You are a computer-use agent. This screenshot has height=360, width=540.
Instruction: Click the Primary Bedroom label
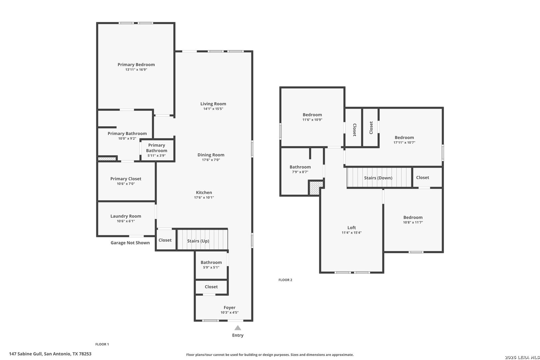pos(136,65)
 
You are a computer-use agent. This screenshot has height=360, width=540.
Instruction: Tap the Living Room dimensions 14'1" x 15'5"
pos(213,109)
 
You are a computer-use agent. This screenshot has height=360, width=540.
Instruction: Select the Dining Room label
pos(211,155)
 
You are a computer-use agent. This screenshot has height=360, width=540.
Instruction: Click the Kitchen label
pos(204,192)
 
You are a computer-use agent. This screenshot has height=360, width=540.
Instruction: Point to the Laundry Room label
pos(126,216)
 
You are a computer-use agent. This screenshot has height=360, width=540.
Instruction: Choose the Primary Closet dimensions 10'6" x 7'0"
pos(126,184)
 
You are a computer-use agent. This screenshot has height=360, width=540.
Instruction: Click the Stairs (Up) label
pos(198,241)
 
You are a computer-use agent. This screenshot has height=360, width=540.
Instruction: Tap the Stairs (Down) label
pos(378,178)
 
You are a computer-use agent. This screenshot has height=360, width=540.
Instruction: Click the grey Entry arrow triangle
pos(238,328)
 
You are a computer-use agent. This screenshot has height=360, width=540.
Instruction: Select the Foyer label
pos(229,307)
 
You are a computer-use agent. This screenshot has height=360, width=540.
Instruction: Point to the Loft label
pos(352,228)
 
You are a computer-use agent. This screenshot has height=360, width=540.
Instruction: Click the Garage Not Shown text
pos(130,243)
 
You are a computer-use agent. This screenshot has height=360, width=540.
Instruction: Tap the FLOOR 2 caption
pos(285,280)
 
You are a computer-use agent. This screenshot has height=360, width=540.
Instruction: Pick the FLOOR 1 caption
pos(102,344)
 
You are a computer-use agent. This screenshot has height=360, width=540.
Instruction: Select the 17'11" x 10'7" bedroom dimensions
pos(405,143)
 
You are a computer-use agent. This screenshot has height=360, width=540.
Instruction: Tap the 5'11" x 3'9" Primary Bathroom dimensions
pos(157,156)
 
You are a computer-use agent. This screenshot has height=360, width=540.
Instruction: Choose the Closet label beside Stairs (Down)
pos(423,177)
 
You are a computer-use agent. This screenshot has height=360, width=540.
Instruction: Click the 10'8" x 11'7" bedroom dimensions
pos(413,222)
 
